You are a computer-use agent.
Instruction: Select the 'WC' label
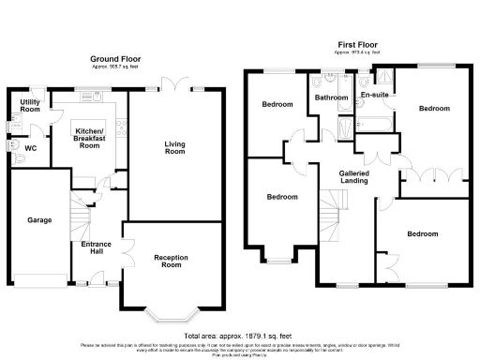click(x=30, y=148)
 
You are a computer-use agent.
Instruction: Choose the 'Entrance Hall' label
click(x=97, y=248)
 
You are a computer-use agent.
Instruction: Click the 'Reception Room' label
click(x=172, y=261)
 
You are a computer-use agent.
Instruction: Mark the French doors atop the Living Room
click(x=173, y=80)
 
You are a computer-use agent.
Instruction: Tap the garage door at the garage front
click(x=37, y=276)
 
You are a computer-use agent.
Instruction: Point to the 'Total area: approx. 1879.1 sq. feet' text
click(x=239, y=336)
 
